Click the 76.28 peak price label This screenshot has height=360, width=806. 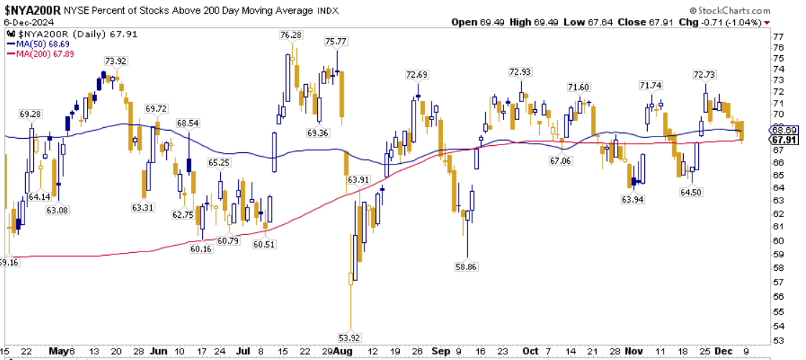pyautogui.click(x=291, y=34)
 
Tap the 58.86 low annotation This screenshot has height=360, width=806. pyautogui.click(x=467, y=266)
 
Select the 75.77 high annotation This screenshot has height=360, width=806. pyautogui.click(x=336, y=42)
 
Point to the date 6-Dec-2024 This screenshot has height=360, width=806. pyautogui.click(x=24, y=22)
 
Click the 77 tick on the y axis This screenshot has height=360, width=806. pyautogui.click(x=779, y=36)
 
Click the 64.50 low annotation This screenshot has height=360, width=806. pyautogui.click(x=691, y=192)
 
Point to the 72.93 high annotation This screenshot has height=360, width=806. pyautogui.click(x=520, y=72)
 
